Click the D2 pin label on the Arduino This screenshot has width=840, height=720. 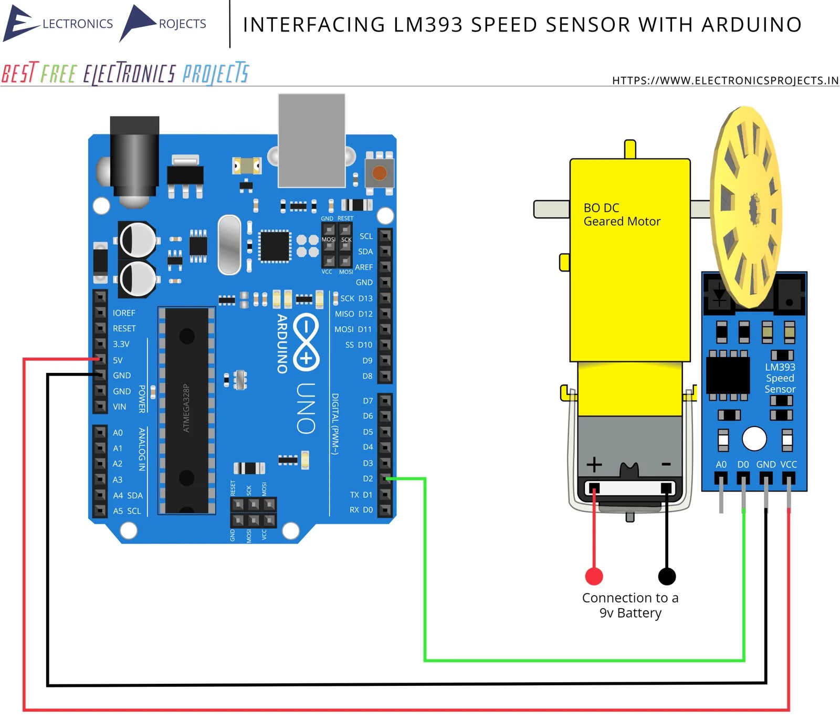(367, 478)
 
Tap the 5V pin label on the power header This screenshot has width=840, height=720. (118, 360)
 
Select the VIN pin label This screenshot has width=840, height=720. (119, 406)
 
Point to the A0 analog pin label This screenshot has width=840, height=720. (118, 433)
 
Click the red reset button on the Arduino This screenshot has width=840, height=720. (379, 173)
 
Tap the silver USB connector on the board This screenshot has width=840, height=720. (311, 140)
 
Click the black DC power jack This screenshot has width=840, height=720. (134, 158)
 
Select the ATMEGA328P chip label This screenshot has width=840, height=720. (186, 408)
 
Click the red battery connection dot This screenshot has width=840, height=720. (594, 576)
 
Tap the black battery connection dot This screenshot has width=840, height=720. (667, 576)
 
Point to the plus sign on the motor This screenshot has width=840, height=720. (594, 464)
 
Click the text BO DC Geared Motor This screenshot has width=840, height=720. (622, 215)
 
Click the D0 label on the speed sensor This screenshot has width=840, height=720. (743, 464)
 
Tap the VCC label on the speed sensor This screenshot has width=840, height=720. (788, 464)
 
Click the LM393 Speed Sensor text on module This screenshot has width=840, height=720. (780, 378)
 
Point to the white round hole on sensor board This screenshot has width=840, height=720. (754, 439)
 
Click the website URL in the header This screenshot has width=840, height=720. (725, 80)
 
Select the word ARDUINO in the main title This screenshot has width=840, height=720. (751, 25)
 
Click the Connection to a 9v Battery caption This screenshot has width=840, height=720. (630, 605)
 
